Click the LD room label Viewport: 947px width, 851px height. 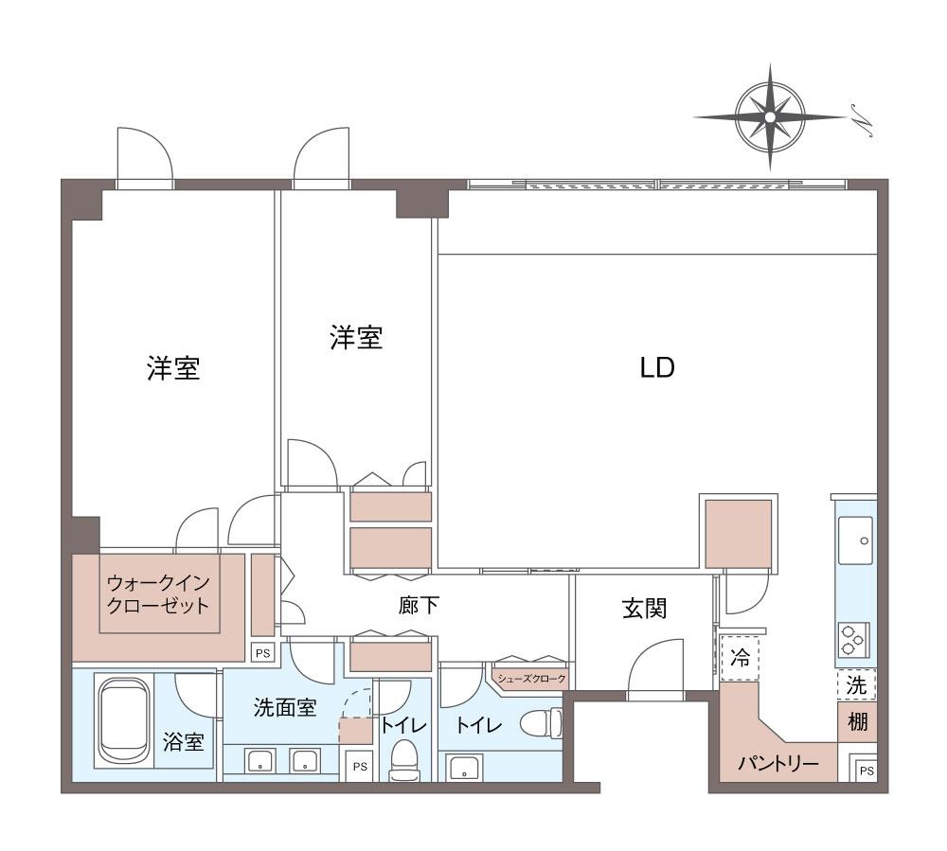(657, 367)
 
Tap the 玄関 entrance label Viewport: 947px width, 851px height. (644, 609)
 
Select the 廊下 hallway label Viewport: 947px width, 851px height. (419, 606)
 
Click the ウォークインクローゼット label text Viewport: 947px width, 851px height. (157, 594)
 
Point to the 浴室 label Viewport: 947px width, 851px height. (183, 742)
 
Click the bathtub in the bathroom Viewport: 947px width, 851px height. (124, 722)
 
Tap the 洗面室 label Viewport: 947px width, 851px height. (285, 707)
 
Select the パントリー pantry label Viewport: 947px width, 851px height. (777, 764)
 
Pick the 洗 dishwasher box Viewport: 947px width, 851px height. (856, 685)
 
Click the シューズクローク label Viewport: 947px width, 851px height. (531, 679)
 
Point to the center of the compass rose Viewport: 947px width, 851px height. (770, 116)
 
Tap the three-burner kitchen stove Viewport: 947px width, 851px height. (853, 640)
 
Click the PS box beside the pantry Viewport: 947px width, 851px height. (867, 771)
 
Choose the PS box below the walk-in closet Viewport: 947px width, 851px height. (262, 653)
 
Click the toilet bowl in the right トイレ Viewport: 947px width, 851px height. (541, 722)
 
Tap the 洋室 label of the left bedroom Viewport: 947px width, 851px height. (173, 368)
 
